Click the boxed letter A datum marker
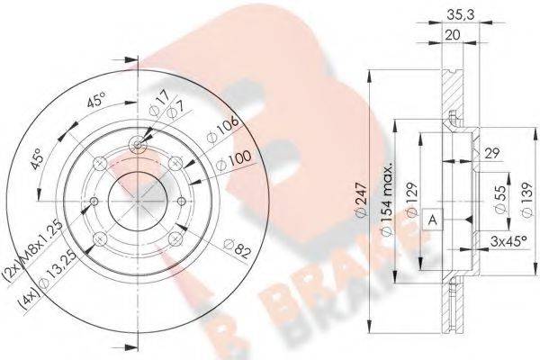(432, 219)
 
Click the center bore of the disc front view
(136, 193)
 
